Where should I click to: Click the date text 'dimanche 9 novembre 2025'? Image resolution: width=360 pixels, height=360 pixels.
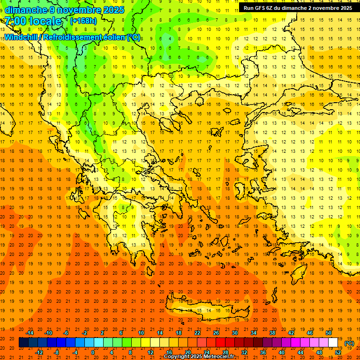64,10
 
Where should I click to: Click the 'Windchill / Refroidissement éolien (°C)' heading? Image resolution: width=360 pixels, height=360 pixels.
72,37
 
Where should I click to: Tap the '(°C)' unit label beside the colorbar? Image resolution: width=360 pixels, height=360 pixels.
349,343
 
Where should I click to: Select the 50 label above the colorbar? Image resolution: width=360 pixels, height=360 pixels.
328,333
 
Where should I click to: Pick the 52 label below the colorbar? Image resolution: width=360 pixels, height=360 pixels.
338,352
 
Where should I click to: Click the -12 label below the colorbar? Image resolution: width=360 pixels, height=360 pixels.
39,352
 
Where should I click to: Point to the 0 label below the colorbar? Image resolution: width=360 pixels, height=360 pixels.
93,352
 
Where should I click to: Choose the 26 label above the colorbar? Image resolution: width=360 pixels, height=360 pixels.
216,333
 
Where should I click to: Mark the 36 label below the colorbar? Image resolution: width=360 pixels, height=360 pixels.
263,352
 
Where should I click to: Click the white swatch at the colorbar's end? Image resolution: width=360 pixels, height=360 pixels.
333,343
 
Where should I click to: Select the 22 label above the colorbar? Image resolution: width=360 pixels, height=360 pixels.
197,333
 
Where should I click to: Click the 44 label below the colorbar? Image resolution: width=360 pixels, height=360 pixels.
300,352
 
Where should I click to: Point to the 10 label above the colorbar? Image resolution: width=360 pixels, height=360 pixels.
141,333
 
